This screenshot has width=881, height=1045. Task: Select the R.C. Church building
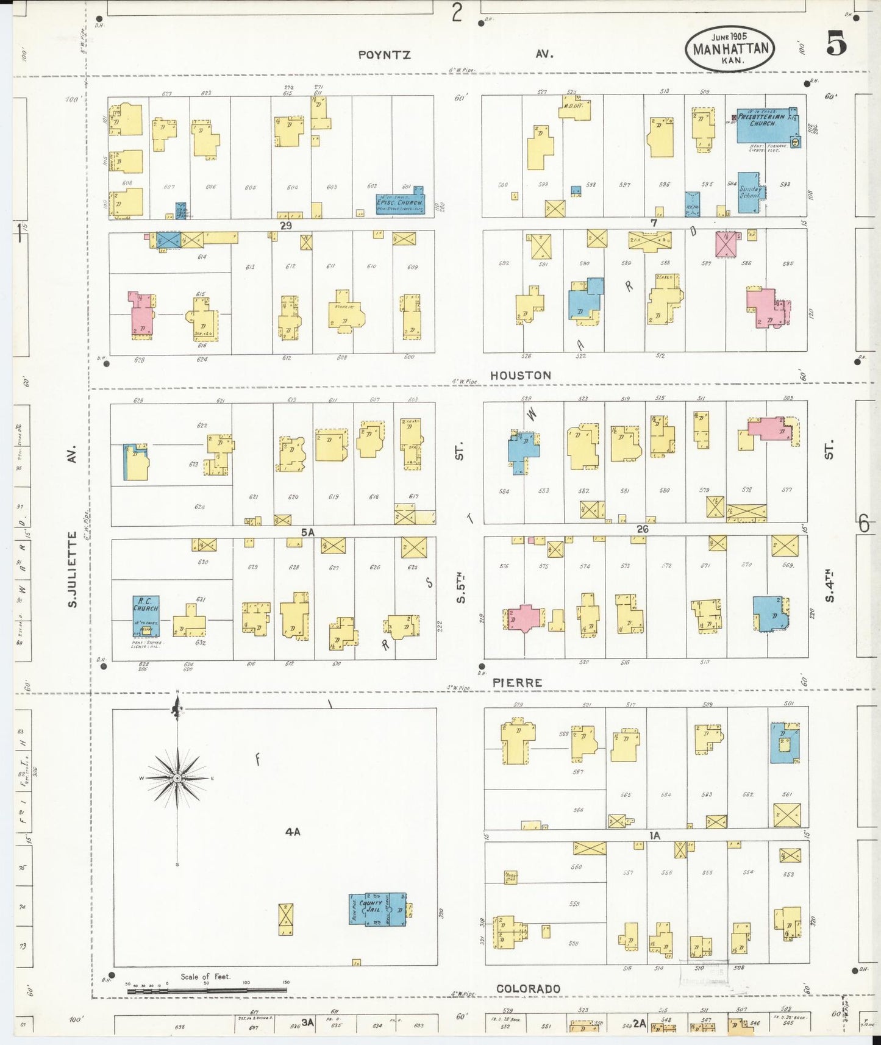146,616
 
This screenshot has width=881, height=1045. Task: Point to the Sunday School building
750,193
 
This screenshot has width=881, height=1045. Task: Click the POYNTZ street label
384,55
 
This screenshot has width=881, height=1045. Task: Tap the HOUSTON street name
520,376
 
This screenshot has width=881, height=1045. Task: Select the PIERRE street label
517,683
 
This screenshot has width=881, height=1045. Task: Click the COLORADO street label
528,988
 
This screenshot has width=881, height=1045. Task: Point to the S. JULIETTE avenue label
72,569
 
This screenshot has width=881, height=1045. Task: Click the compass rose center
177,779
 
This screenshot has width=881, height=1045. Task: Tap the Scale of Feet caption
205,976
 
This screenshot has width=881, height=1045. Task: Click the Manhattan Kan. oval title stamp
730,48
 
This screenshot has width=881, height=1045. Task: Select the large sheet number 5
836,43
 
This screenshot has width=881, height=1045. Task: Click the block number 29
285,225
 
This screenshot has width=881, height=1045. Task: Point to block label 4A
293,832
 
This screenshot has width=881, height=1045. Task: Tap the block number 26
642,529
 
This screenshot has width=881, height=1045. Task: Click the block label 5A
307,532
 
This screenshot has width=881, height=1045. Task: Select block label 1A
654,836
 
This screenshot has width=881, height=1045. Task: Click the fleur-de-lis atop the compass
177,708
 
